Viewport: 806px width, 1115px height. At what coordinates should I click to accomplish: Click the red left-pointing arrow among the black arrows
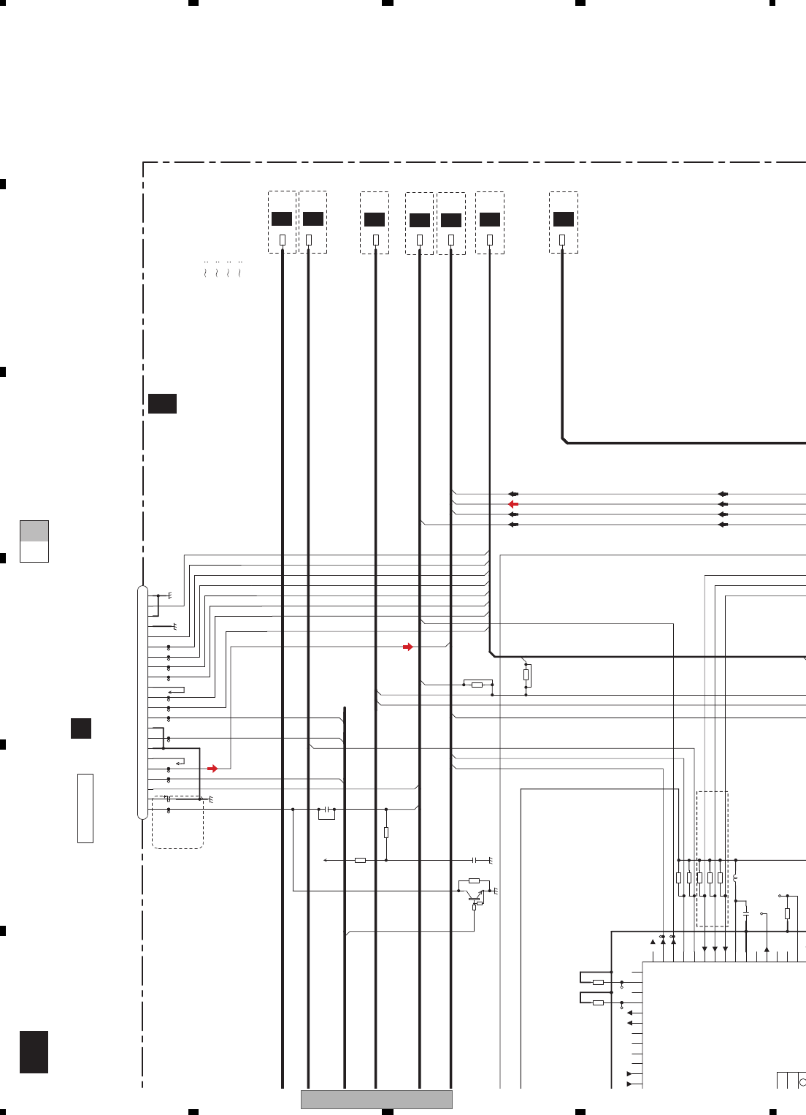[x=513, y=504]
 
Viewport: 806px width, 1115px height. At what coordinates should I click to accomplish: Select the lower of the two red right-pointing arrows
[x=212, y=769]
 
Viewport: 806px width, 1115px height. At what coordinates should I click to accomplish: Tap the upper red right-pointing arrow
[x=408, y=647]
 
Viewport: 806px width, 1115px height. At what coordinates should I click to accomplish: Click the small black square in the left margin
[x=81, y=728]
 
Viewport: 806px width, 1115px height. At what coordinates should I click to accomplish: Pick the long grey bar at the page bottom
[x=377, y=1099]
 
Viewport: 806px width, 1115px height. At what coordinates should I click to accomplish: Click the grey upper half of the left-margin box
[x=34, y=530]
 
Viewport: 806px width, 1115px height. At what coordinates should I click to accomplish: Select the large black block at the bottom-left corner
[x=34, y=1051]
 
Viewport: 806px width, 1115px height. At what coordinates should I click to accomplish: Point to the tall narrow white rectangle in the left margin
[x=85, y=808]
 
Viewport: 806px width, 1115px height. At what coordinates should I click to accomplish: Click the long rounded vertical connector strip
[x=142, y=702]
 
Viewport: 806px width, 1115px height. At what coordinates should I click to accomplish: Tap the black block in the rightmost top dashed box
[x=563, y=219]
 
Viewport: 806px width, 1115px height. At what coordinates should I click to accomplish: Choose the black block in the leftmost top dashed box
[x=282, y=218]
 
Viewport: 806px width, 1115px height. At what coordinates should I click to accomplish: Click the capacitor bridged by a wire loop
[x=327, y=810]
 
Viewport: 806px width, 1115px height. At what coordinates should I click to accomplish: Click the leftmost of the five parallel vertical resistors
[x=678, y=878]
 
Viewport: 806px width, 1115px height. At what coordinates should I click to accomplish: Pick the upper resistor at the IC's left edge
[x=598, y=982]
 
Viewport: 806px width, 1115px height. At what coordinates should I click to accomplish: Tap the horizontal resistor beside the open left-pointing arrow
[x=360, y=861]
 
